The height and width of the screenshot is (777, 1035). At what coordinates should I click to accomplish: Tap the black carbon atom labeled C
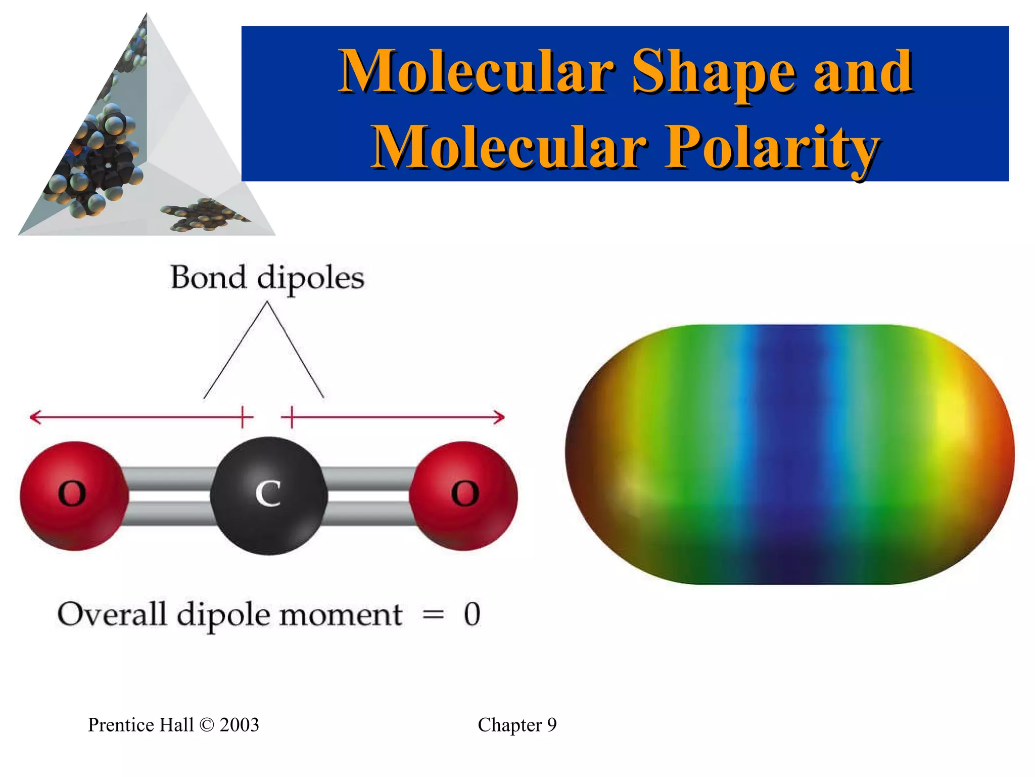pos(268,495)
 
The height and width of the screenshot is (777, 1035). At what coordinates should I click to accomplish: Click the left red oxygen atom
pos(73,495)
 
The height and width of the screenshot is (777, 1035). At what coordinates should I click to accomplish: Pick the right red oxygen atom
pos(463,495)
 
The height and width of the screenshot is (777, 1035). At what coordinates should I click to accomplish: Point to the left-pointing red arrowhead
pos(34,417)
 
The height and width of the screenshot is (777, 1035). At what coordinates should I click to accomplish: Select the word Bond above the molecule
pos(208,278)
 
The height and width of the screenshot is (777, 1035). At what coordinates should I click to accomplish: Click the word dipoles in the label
pos(310,279)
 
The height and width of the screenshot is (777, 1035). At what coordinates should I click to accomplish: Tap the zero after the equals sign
pos(472,615)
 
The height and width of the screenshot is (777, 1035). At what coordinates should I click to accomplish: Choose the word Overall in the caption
pos(112,615)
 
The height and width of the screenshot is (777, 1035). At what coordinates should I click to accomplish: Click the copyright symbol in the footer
pos(207,725)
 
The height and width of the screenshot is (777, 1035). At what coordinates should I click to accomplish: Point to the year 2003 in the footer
pos(239,725)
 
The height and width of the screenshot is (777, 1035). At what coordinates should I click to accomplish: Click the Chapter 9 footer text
pos(517,725)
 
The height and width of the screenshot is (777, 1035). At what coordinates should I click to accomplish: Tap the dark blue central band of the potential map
pos(788,455)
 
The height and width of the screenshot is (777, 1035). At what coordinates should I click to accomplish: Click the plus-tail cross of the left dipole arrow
pos(244,417)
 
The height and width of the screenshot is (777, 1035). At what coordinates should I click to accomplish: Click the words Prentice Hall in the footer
pos(140,725)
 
